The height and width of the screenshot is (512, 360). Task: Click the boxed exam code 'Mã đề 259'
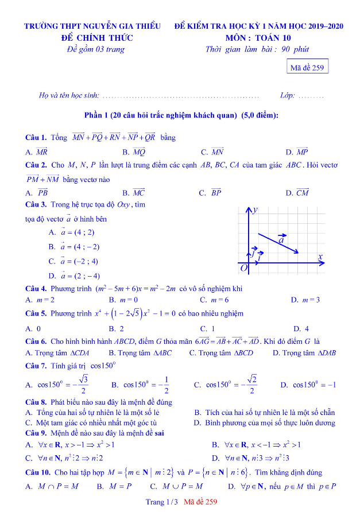[308, 68]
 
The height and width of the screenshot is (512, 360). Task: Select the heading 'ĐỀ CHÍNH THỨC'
[97, 38]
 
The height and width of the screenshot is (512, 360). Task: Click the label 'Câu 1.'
[36, 138]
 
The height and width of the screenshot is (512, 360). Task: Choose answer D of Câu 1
[297, 152]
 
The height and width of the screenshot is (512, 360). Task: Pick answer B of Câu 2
[133, 193]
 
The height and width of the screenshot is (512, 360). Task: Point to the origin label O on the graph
[243, 268]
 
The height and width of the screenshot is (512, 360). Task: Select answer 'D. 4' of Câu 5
[301, 329]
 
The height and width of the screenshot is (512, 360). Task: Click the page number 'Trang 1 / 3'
[162, 502]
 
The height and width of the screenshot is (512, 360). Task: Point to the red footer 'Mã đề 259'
[201, 502]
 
